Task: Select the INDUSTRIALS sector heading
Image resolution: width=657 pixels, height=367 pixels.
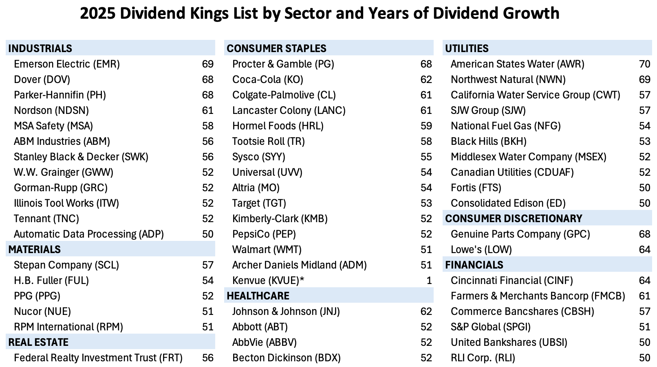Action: [40, 48]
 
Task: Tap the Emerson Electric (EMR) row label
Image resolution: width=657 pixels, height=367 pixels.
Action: [67, 64]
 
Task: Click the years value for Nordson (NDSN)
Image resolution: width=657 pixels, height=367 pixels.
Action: [207, 110]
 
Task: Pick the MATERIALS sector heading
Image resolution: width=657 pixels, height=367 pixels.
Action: [34, 249]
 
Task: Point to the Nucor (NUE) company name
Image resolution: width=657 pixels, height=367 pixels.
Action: [42, 311]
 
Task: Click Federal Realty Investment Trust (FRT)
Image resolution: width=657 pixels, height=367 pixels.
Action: [98, 358]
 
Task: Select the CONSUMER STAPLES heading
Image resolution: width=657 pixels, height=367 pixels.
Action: [276, 48]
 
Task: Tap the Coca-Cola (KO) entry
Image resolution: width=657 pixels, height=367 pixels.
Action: [268, 79]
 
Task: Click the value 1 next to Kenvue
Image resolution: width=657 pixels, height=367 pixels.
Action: [429, 280]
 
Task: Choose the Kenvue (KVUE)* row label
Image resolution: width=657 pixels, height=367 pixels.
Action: [268, 280]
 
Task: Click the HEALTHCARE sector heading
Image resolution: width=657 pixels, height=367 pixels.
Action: [258, 296]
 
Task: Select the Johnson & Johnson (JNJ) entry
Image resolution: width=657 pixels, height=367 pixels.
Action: [286, 311]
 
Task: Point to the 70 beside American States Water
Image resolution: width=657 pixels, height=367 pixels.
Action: [644, 64]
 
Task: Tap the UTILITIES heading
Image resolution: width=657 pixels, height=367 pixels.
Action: [467, 48]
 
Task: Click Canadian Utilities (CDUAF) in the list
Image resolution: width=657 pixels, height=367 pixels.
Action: [512, 172]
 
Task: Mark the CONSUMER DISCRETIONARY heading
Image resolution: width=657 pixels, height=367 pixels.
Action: [514, 218]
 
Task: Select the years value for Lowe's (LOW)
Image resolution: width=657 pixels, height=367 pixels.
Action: [644, 249]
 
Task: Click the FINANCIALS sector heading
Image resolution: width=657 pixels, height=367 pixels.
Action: [474, 265]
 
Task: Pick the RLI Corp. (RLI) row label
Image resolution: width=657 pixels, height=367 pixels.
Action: [483, 358]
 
